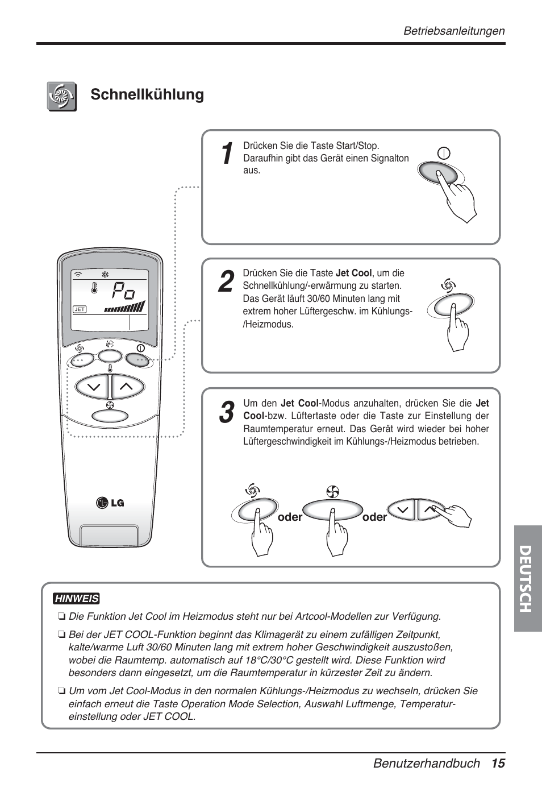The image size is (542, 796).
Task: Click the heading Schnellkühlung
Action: click(x=147, y=94)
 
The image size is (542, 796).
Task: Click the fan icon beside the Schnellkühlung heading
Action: click(x=62, y=96)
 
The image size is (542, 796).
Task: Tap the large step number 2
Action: click(x=226, y=283)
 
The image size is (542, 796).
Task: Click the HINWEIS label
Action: click(x=76, y=599)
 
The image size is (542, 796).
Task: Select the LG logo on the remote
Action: click(x=110, y=503)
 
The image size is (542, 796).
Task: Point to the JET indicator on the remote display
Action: click(x=80, y=309)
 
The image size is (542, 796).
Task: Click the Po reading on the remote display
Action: click(x=123, y=292)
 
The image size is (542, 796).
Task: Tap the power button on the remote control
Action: click(x=138, y=359)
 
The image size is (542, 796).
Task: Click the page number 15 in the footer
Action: click(x=498, y=763)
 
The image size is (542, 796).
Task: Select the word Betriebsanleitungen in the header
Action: click(x=454, y=31)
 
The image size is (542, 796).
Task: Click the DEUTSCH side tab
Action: click(x=527, y=578)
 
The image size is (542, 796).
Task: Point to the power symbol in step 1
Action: click(x=444, y=154)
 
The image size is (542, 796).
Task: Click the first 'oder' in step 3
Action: click(x=290, y=517)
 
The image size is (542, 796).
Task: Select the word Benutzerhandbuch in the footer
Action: click(x=426, y=763)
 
